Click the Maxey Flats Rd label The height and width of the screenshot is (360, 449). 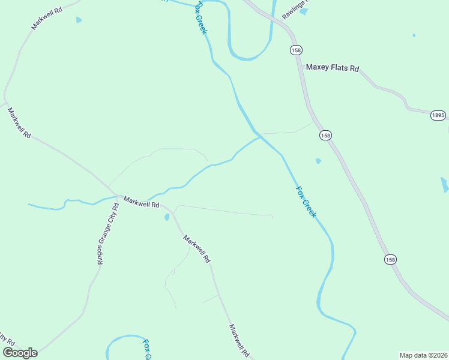tap(332, 68)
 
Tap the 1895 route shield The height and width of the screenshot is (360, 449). tap(438, 115)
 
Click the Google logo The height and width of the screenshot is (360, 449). tap(20, 353)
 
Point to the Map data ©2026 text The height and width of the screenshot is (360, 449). tap(424, 355)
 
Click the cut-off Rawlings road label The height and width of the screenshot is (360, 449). tap(294, 8)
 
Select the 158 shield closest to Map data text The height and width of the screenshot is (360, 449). tap(390, 259)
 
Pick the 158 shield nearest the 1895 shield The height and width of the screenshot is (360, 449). tap(325, 136)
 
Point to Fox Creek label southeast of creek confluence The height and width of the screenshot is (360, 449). tap(306, 202)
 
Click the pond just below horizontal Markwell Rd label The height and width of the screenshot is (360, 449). tap(166, 217)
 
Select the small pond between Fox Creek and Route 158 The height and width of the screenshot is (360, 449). tap(318, 161)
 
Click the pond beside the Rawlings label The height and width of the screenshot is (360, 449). tap(304, 11)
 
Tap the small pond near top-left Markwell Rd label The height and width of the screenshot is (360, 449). tap(79, 20)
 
